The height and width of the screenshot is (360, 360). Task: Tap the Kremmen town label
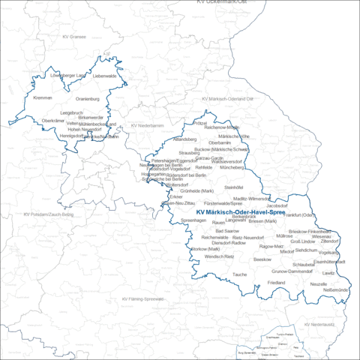pyautogui.click(x=43, y=98)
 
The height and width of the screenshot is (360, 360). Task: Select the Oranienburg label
pyautogui.click(x=88, y=98)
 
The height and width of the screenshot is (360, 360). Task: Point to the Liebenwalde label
pyautogui.click(x=105, y=76)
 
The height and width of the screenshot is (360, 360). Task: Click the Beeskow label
pyautogui.click(x=262, y=259)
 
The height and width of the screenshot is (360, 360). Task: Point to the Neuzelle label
pyautogui.click(x=319, y=285)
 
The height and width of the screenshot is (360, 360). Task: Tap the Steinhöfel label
pyautogui.click(x=234, y=187)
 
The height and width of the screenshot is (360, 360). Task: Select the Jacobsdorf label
pyautogui.click(x=277, y=205)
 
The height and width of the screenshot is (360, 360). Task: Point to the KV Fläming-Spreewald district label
pyautogui.click(x=142, y=298)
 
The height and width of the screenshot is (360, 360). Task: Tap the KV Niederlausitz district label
pyautogui.click(x=320, y=323)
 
